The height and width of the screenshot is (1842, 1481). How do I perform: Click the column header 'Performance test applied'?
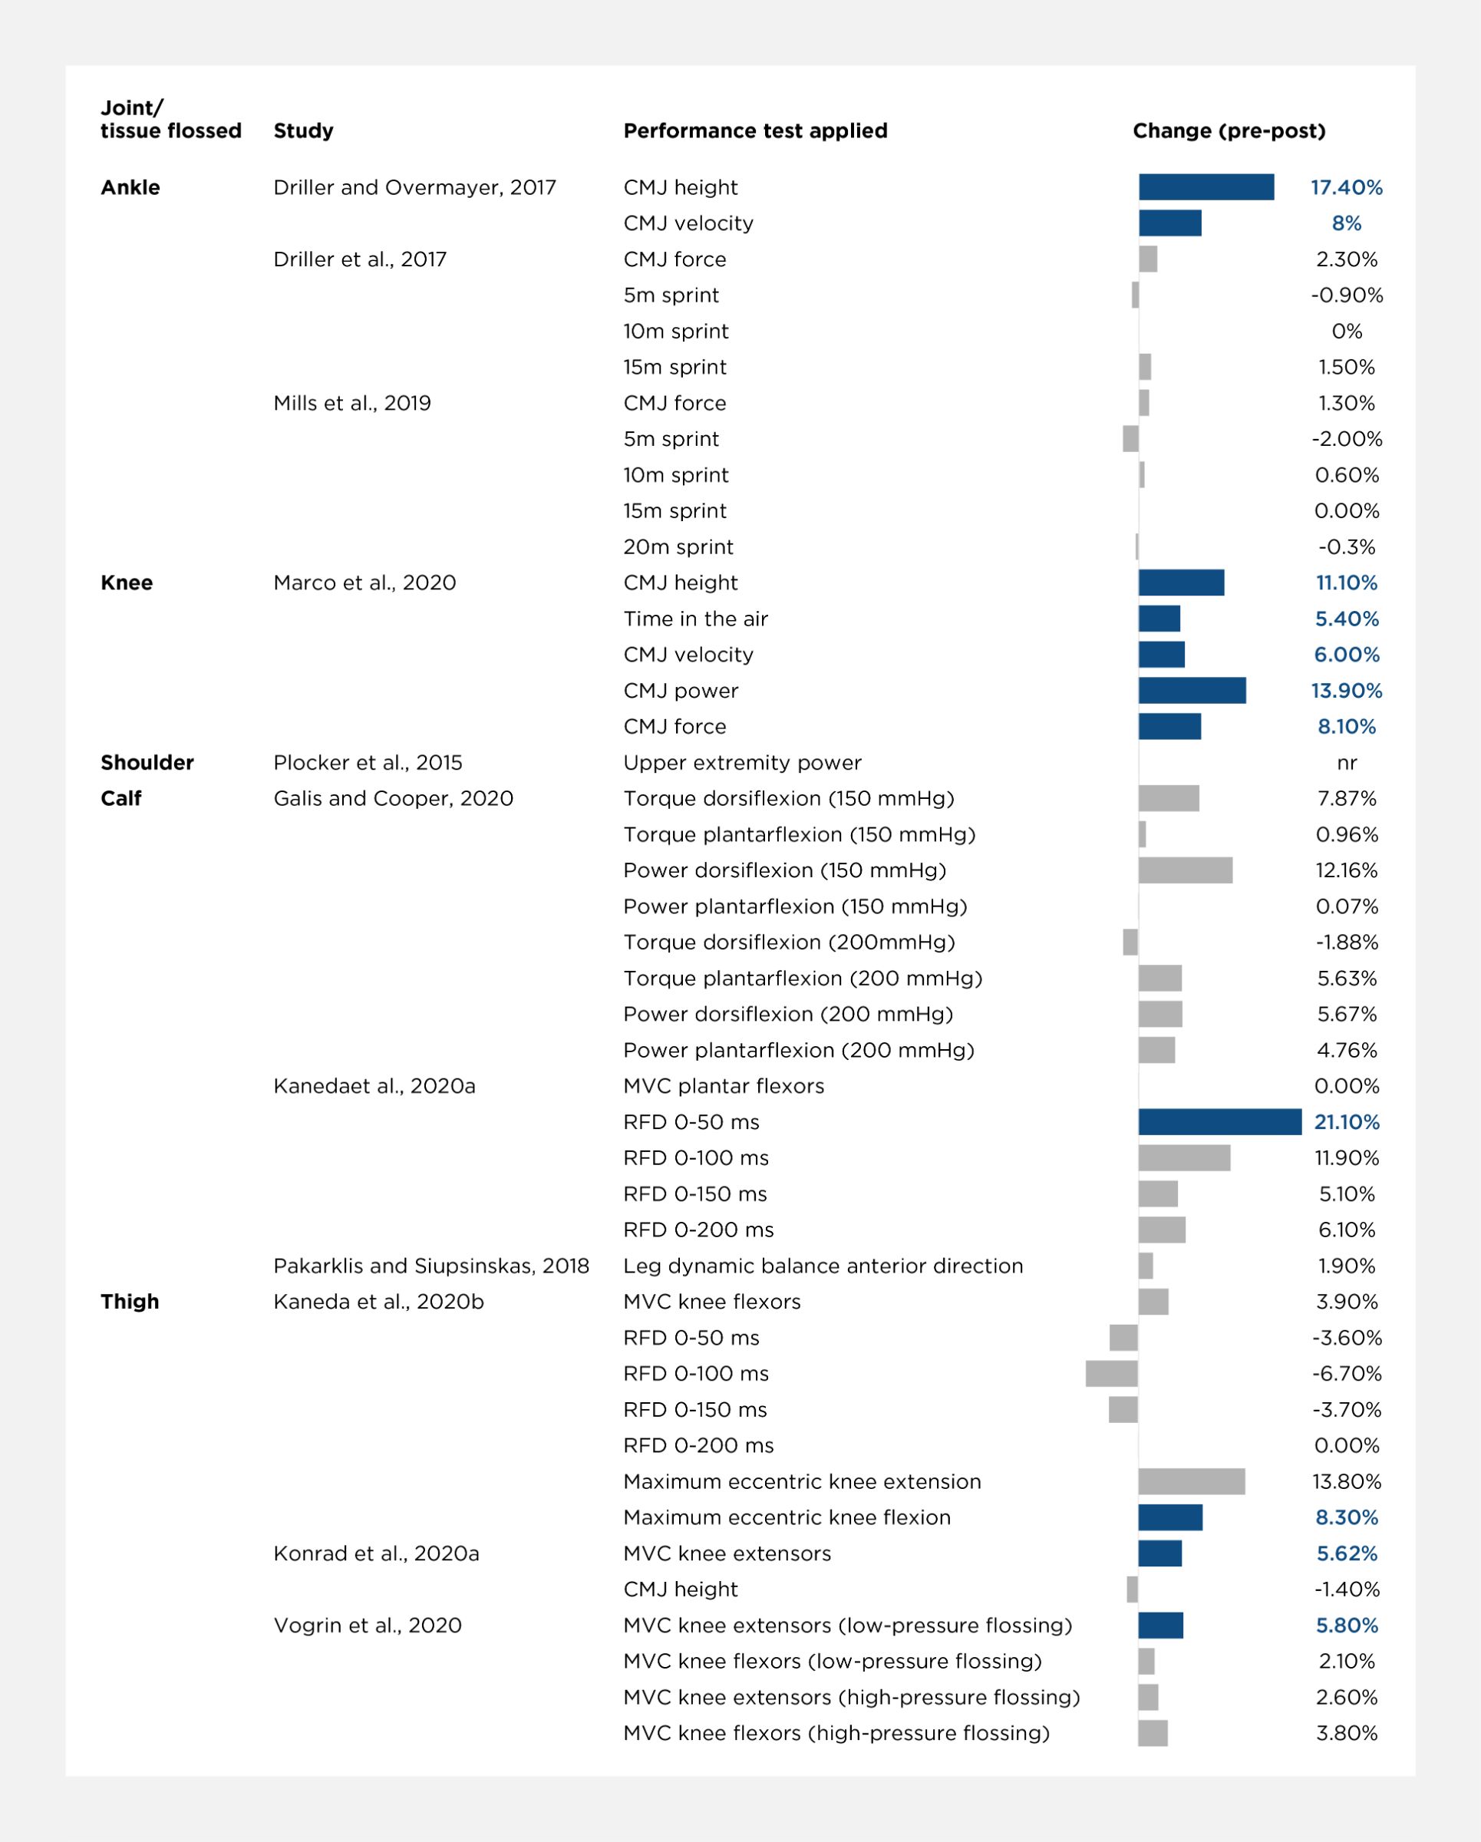tap(755, 130)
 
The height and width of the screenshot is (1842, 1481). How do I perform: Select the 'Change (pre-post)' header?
tap(1229, 130)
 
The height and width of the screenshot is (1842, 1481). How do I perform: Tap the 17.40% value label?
tap(1346, 187)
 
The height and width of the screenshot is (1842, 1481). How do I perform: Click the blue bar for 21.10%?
tap(1219, 1122)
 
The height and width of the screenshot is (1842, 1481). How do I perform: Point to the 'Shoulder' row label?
tap(147, 762)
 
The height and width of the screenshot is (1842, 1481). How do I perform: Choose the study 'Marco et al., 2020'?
tap(364, 583)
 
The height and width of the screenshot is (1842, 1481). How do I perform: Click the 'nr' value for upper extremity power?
tap(1347, 763)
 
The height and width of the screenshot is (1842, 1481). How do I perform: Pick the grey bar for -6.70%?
tap(1111, 1374)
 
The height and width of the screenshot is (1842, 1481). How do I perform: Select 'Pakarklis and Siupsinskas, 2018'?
tap(431, 1266)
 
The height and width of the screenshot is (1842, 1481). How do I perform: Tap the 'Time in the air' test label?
tap(695, 619)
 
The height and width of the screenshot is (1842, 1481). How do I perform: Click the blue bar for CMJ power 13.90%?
tap(1192, 690)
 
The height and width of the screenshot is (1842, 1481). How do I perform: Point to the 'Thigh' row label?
tap(130, 1301)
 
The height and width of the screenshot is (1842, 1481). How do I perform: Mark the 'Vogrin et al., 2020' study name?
tap(368, 1625)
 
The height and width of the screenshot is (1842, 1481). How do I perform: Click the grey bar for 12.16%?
tap(1186, 870)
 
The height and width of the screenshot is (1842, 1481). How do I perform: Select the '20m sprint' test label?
tap(678, 546)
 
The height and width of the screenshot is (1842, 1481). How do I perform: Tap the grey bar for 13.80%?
tap(1192, 1481)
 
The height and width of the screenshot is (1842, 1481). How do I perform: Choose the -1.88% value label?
tap(1347, 942)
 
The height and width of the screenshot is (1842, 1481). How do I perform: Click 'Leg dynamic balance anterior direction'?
tap(823, 1266)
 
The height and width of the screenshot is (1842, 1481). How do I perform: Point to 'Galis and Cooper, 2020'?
tap(393, 798)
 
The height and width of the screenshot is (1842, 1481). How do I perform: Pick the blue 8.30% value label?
tap(1347, 1517)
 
